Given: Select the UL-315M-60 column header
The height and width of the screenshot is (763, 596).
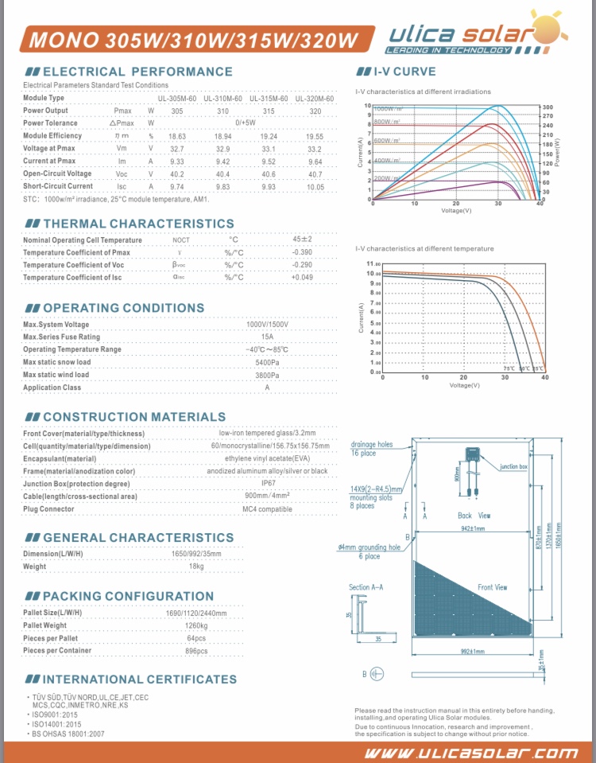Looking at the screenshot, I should pyautogui.click(x=268, y=98).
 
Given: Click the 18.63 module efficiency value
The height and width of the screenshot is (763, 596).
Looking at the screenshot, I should pyautogui.click(x=176, y=136).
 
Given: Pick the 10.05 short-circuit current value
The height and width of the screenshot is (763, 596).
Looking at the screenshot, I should pyautogui.click(x=315, y=186).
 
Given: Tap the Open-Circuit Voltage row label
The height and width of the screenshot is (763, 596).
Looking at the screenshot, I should pyautogui.click(x=57, y=173).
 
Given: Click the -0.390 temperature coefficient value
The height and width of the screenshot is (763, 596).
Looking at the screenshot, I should pyautogui.click(x=302, y=252).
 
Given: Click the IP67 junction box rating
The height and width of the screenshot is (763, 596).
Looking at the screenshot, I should pyautogui.click(x=268, y=483).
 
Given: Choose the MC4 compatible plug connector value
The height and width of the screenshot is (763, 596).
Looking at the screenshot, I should pyautogui.click(x=268, y=508).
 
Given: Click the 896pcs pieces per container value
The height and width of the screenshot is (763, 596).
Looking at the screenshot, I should pyautogui.click(x=196, y=650).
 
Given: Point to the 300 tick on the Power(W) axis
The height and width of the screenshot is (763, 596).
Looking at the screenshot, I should pyautogui.click(x=548, y=107).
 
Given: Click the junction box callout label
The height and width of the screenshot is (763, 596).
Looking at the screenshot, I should pyautogui.click(x=513, y=467).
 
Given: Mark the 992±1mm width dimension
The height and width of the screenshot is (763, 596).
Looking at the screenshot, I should pyautogui.click(x=472, y=651).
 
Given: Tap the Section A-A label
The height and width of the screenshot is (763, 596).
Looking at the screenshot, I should pyautogui.click(x=366, y=587).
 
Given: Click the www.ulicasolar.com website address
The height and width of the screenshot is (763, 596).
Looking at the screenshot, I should pyautogui.click(x=471, y=752).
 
